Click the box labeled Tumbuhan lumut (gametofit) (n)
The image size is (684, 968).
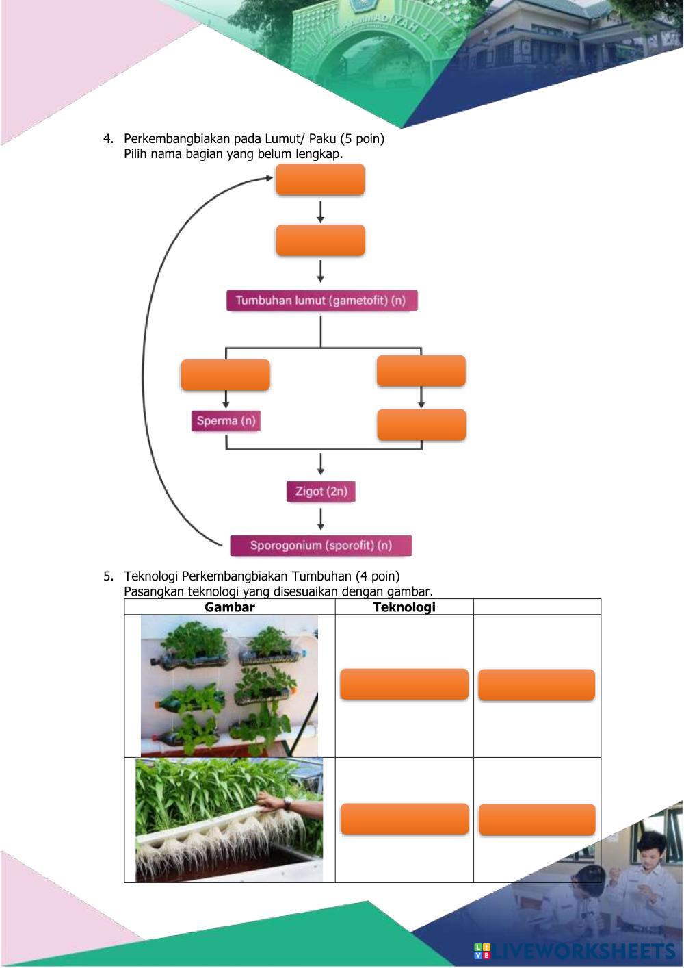pyautogui.click(x=321, y=301)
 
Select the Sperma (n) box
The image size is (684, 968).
pyautogui.click(x=226, y=420)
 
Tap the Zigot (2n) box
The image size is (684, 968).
pyautogui.click(x=321, y=492)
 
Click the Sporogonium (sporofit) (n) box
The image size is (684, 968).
pyautogui.click(x=321, y=546)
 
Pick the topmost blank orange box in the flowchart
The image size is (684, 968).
pyautogui.click(x=319, y=180)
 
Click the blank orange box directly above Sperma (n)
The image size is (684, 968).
pyautogui.click(x=225, y=375)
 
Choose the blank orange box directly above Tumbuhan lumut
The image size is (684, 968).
pyautogui.click(x=320, y=241)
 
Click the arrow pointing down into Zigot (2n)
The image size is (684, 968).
pyautogui.click(x=321, y=465)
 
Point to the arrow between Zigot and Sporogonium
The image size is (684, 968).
pyautogui.click(x=321, y=518)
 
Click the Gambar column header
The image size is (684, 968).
pyautogui.click(x=229, y=607)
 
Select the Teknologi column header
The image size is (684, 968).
pyautogui.click(x=404, y=607)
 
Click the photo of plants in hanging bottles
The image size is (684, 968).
pyautogui.click(x=229, y=685)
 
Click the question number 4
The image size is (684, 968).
pyautogui.click(x=108, y=139)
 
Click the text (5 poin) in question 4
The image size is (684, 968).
pyautogui.click(x=362, y=139)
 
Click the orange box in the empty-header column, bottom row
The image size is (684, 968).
pyautogui.click(x=537, y=820)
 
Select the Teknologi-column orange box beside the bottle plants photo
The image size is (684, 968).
pyautogui.click(x=404, y=685)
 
